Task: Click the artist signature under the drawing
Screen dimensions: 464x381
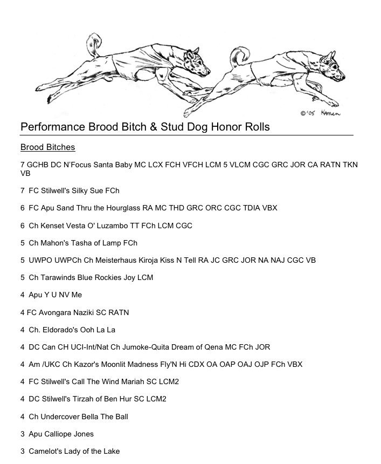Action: [x=321, y=113]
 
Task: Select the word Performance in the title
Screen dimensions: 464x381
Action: [x=52, y=127]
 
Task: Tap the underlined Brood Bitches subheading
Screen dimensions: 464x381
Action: [x=47, y=147]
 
